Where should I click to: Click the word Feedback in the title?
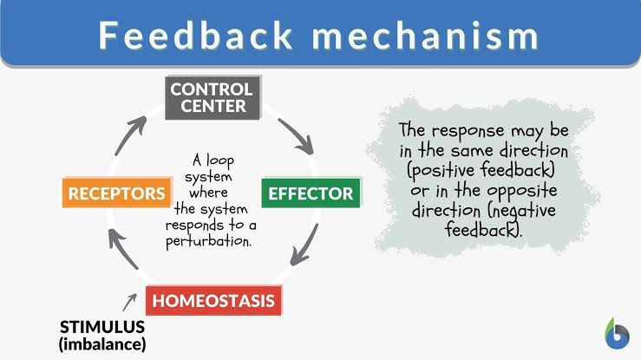click(195, 36)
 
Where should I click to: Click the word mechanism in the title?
click(426, 36)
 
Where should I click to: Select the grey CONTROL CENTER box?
click(213, 98)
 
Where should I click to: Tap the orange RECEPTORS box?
click(117, 193)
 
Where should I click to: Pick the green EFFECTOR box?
click(311, 193)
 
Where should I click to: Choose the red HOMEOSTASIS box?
click(213, 300)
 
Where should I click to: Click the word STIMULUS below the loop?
click(102, 327)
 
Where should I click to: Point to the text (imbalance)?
click(102, 344)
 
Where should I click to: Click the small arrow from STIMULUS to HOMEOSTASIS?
click(129, 302)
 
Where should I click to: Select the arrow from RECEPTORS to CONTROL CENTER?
click(129, 136)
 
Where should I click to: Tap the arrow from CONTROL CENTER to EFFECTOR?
click(297, 136)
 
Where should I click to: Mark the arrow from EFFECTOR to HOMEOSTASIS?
click(304, 245)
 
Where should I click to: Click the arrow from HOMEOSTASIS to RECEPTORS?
click(122, 248)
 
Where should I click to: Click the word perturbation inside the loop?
click(208, 241)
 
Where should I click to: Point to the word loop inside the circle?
click(220, 160)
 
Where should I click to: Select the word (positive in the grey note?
click(441, 170)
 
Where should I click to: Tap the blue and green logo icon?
click(618, 334)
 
